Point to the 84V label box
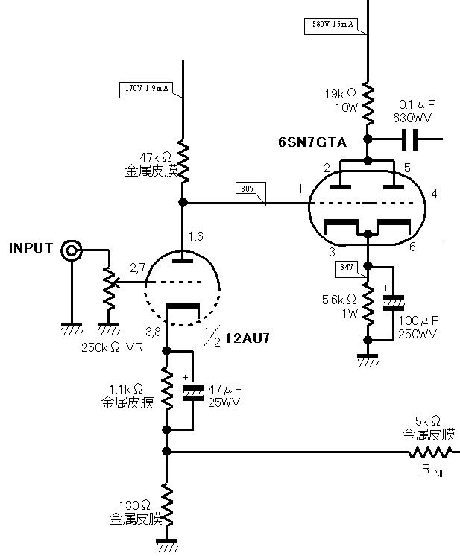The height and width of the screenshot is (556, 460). tap(347, 266)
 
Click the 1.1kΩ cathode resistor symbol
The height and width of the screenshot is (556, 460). tap(167, 391)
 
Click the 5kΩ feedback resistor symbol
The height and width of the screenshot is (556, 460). tap(430, 452)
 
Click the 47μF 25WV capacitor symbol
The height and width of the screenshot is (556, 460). tap(193, 392)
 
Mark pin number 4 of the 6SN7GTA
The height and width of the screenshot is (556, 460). tap(434, 195)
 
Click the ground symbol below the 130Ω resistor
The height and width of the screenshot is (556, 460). tap(167, 546)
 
